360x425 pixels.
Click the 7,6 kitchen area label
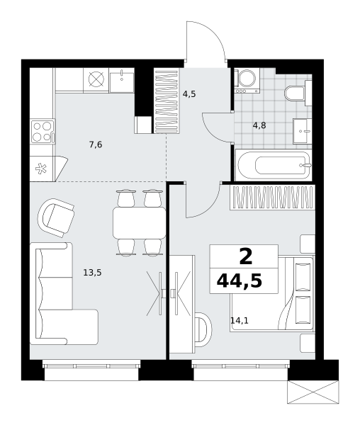[96, 144]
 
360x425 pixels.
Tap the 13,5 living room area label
[92, 273]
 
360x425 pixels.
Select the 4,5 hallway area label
[189, 94]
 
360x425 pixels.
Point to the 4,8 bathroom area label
[259, 125]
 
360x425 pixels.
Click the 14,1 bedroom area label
[240, 321]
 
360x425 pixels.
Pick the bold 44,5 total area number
[240, 280]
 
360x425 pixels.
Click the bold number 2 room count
[246, 257]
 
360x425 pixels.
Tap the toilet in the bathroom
[298, 93]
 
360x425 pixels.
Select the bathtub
[274, 165]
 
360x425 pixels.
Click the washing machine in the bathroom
[247, 81]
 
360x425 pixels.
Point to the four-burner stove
[43, 132]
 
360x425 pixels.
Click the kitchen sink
[122, 81]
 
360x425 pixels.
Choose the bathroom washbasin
[303, 131]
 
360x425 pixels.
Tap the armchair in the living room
[56, 218]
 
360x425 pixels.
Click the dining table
[140, 223]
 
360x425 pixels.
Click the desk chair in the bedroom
[203, 329]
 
